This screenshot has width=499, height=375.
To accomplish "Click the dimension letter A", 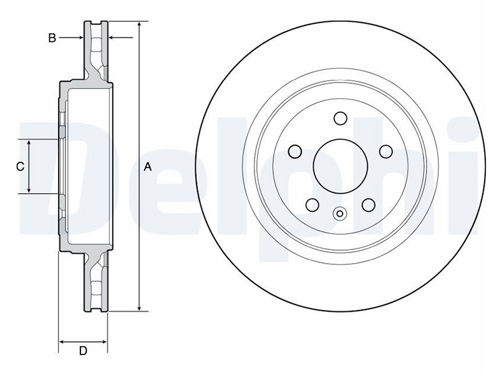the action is coord(148,166).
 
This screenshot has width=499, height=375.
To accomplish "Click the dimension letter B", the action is coord(52,38).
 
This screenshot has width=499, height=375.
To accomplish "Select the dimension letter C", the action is coord(21,166).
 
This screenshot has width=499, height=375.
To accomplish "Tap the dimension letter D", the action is coord(83,351).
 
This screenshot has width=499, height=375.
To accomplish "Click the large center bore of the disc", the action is coord(341,166).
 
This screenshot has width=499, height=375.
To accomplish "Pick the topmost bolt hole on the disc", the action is coord(340,118).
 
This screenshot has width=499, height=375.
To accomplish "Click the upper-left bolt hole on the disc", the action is coord(294,151).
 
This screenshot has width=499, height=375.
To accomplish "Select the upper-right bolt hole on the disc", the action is coord(386,151).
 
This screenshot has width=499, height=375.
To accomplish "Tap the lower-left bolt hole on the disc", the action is coord(312,205).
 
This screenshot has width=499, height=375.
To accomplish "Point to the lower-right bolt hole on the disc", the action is coord(369,205).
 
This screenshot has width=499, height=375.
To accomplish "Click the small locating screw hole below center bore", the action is coord(340,213).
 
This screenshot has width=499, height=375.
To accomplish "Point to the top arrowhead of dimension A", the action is coord(139,25).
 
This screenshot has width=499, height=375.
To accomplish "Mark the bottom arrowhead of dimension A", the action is coord(139,307).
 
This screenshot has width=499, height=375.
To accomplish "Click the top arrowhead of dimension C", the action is coord(29,143).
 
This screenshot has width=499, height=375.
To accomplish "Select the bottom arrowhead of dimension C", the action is coord(29,189).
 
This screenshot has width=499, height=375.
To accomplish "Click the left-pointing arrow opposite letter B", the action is coord(121,37).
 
